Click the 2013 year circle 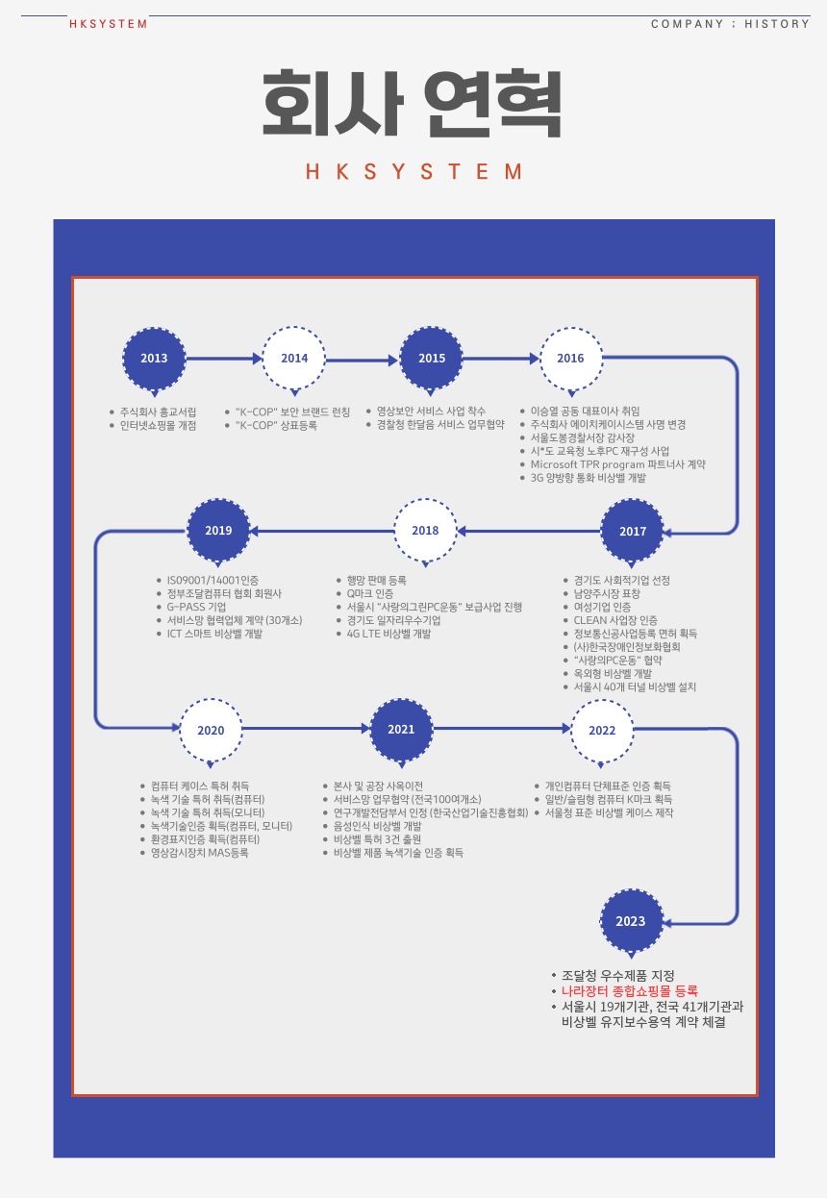(x=154, y=359)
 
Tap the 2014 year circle (x=294, y=359)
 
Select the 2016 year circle (x=570, y=359)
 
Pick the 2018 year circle (x=425, y=531)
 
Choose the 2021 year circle (x=401, y=730)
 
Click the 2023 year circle (x=631, y=921)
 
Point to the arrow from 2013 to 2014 (x=223, y=359)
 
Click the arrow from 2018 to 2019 (x=321, y=531)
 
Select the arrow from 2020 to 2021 (x=306, y=730)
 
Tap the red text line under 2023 (x=630, y=990)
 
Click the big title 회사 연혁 (x=413, y=103)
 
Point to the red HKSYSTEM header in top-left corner (x=109, y=24)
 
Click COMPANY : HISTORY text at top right (x=730, y=24)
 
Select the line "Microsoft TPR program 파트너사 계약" (x=618, y=464)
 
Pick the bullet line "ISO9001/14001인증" (x=213, y=581)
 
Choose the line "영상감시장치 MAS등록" (x=199, y=853)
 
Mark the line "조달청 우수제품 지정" (x=618, y=975)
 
